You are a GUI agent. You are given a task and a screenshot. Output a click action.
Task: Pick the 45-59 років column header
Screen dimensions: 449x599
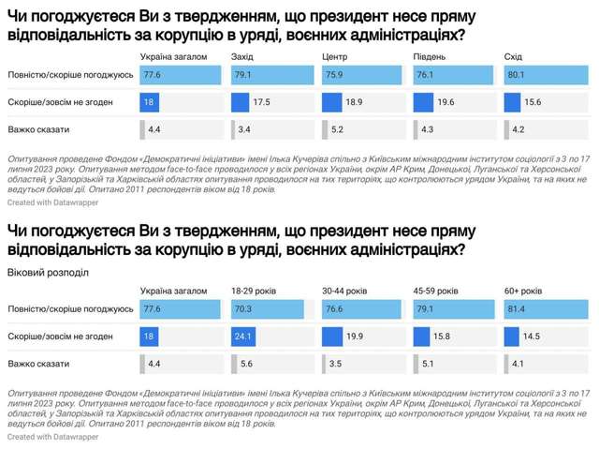[x=436, y=292]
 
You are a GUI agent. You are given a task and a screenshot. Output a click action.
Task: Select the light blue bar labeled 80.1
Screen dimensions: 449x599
[x=543, y=74]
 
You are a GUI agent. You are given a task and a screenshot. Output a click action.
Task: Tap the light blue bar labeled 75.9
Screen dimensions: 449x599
[x=358, y=74]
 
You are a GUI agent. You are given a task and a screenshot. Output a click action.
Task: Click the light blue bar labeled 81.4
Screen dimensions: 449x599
[x=544, y=307]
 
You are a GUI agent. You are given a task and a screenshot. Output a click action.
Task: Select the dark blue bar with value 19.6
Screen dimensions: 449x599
[x=421, y=102]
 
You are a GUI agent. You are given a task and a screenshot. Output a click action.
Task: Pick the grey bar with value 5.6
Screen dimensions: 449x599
[x=233, y=363]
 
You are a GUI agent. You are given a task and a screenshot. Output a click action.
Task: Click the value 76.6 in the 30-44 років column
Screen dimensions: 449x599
[x=334, y=307]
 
